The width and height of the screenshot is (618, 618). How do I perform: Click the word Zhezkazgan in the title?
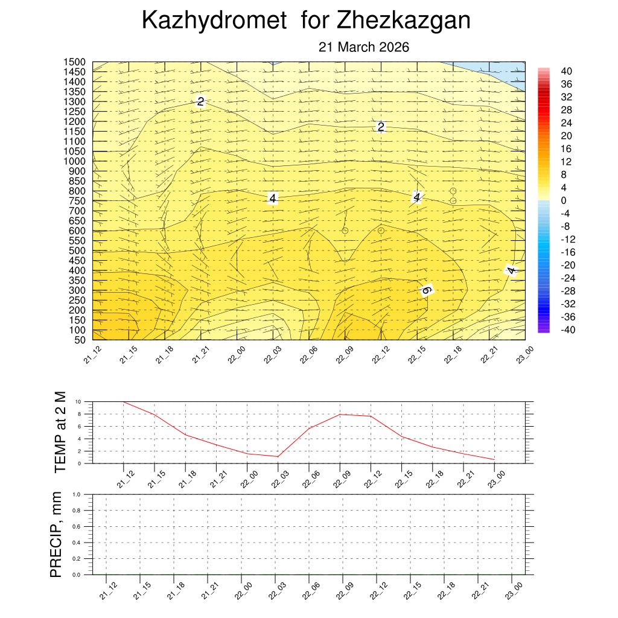pos(404,21)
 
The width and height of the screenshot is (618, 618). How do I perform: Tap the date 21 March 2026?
pos(364,47)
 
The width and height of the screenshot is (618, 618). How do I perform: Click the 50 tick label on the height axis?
pos(80,340)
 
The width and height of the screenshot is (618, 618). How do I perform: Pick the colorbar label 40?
pos(566,71)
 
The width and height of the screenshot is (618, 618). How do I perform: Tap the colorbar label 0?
pos(563,200)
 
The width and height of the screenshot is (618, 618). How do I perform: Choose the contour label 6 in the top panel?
pos(426,290)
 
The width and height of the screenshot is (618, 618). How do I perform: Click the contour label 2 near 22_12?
pos(381,127)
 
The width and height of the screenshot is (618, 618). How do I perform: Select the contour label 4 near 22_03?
pos(272,198)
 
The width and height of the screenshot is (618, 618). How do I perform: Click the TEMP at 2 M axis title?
pos(60,432)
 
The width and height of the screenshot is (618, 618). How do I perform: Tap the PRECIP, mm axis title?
pos(56,534)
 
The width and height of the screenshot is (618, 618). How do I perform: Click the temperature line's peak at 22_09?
pos(340,414)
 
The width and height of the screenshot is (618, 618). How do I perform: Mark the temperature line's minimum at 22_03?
pos(278,456)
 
